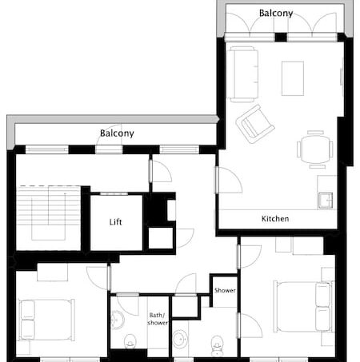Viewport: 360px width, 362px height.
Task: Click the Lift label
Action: pyautogui.click(x=115, y=222)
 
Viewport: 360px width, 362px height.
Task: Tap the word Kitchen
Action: pyautogui.click(x=275, y=219)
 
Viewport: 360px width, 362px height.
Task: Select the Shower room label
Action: pyautogui.click(x=225, y=290)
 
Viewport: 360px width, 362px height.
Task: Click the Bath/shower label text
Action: pyautogui.click(x=158, y=319)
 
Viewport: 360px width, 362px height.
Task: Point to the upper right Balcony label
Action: pyautogui.click(x=276, y=13)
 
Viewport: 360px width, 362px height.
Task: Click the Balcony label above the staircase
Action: pyautogui.click(x=117, y=133)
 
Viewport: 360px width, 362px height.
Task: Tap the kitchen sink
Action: pyautogui.click(x=326, y=201)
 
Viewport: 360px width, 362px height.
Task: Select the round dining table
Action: pyautogui.click(x=315, y=149)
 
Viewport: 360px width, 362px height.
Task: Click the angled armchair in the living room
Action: pyautogui.click(x=255, y=124)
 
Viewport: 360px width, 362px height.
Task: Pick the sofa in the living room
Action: pyautogui.click(x=242, y=74)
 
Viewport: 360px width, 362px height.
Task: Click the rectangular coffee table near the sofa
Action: pyautogui.click(x=293, y=78)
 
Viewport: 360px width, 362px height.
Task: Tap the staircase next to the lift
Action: pyautogui.click(x=48, y=217)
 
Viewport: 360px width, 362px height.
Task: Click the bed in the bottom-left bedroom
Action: pyautogui.click(x=46, y=320)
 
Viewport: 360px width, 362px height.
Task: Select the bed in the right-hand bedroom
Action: pyautogui.click(x=305, y=307)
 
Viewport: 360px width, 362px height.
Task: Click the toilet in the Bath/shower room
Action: pyautogui.click(x=130, y=341)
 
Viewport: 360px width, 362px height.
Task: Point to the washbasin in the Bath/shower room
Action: pyautogui.click(x=118, y=320)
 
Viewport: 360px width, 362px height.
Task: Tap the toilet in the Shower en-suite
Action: pyautogui.click(x=217, y=346)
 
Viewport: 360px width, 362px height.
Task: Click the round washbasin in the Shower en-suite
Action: pyautogui.click(x=180, y=339)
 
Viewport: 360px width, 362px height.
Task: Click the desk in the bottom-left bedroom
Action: pyautogui.click(x=52, y=272)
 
